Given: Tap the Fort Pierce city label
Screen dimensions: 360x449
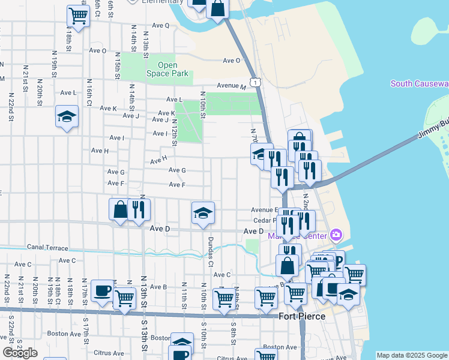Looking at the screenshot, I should (x=302, y=316).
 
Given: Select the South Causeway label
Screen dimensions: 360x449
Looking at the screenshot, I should (x=419, y=83).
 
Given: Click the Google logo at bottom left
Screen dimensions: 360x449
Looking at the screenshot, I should (x=20, y=353).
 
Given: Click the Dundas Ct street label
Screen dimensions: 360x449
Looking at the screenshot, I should (x=211, y=251).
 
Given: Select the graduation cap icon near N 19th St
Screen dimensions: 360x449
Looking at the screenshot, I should (x=67, y=116).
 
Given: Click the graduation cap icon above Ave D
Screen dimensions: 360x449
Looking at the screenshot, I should (x=203, y=212).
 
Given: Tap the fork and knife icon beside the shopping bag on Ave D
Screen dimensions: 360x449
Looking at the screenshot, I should (x=139, y=209).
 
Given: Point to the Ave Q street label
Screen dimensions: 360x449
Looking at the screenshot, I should (x=161, y=25).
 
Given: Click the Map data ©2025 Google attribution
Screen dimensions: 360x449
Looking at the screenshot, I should (x=411, y=355).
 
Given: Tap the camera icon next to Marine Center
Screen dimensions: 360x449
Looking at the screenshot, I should (x=336, y=234).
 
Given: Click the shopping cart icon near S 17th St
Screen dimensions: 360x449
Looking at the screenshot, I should (x=124, y=297).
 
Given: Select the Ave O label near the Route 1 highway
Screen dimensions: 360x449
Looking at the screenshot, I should (x=232, y=61).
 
